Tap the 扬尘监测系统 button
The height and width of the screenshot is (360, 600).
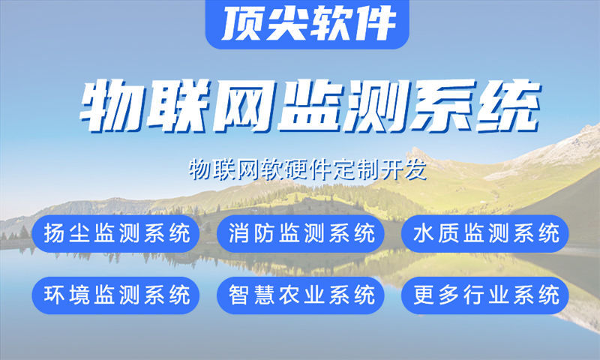[116, 233]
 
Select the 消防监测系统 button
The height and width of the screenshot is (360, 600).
[301, 233]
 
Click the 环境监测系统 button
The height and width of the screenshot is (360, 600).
[116, 295]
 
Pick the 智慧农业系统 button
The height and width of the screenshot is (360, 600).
[301, 295]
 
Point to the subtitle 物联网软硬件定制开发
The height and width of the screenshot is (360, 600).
[307, 169]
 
